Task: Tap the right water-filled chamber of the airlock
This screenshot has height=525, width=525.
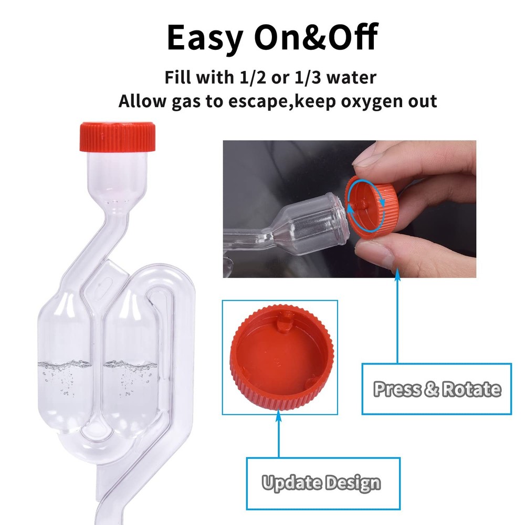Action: pyautogui.click(x=129, y=367)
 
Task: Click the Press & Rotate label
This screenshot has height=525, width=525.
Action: pyautogui.click(x=436, y=389)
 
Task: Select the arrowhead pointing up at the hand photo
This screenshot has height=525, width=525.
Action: pyautogui.click(x=397, y=274)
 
